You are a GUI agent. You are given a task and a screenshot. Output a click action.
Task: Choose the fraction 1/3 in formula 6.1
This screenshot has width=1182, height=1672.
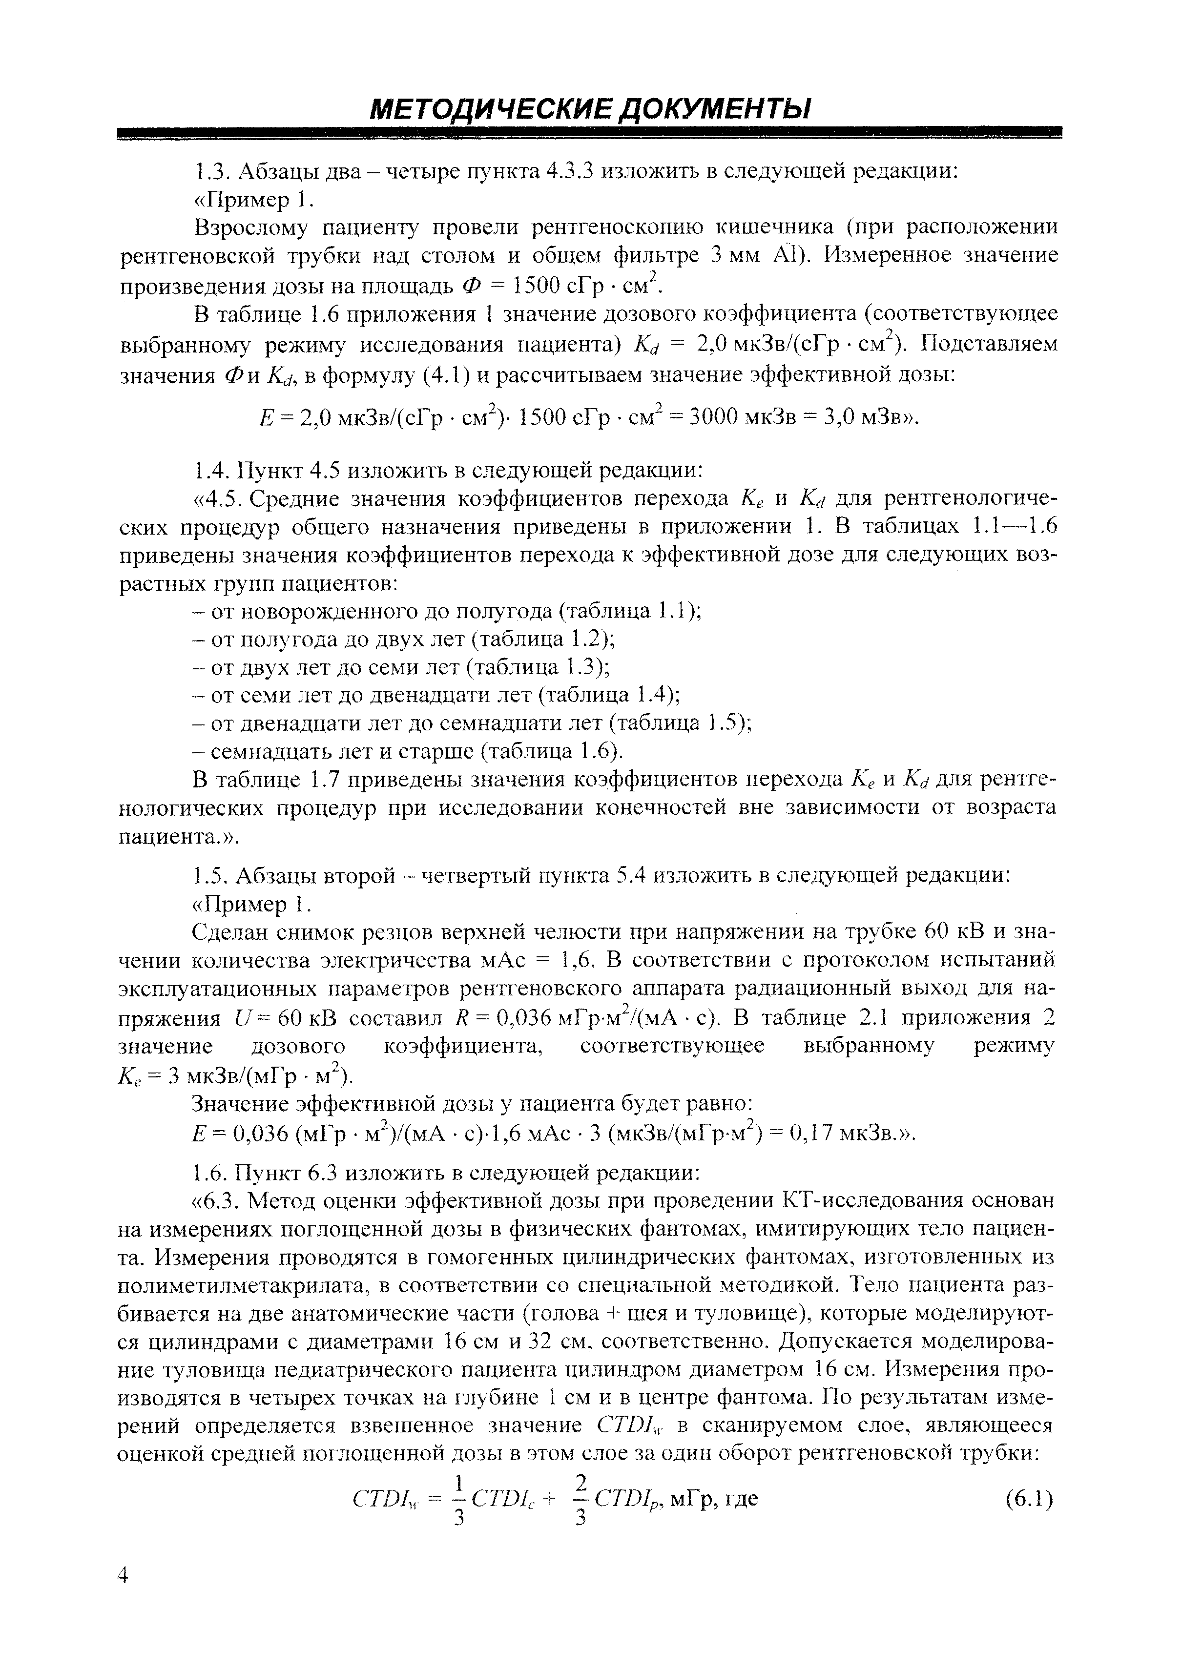459,1499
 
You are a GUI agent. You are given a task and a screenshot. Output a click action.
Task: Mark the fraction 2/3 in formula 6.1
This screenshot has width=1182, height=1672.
581,1499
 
